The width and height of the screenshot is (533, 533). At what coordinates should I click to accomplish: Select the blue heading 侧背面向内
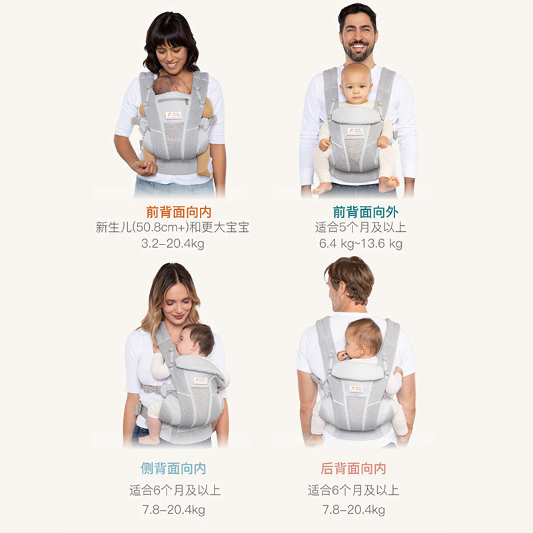(173, 468)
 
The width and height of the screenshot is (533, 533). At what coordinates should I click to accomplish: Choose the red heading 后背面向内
(353, 468)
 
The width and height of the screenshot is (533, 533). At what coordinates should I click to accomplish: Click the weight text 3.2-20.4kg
(173, 244)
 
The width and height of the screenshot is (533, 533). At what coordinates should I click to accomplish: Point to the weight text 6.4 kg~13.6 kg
(360, 244)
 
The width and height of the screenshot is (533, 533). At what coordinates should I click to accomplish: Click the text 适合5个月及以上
(360, 228)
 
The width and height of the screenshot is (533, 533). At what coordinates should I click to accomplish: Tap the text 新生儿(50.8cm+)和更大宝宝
(173, 228)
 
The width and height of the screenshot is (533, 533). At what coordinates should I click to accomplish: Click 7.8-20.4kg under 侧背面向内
(173, 510)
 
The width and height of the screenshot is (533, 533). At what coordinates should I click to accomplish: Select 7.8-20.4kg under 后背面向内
(353, 510)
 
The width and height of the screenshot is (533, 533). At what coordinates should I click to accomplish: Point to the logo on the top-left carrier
(173, 115)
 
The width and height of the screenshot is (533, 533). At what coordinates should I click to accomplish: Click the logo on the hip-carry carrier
(200, 380)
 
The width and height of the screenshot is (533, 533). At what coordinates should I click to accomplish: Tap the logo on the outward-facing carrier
(355, 131)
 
